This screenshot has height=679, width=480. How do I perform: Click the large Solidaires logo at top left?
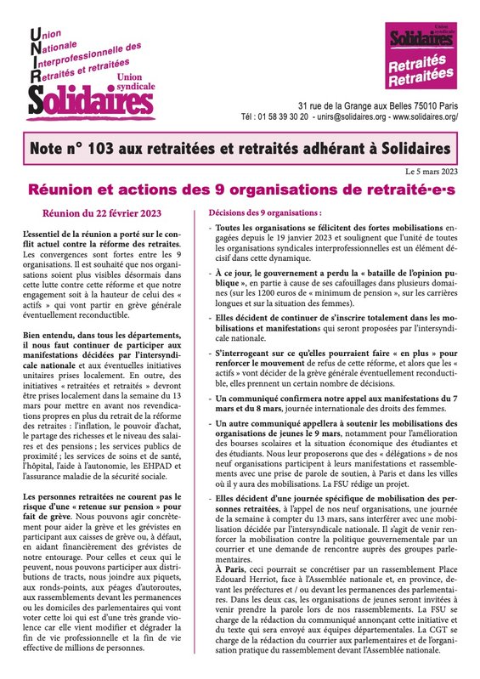click(86, 99)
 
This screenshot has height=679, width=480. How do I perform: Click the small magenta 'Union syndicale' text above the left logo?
click(133, 84)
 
